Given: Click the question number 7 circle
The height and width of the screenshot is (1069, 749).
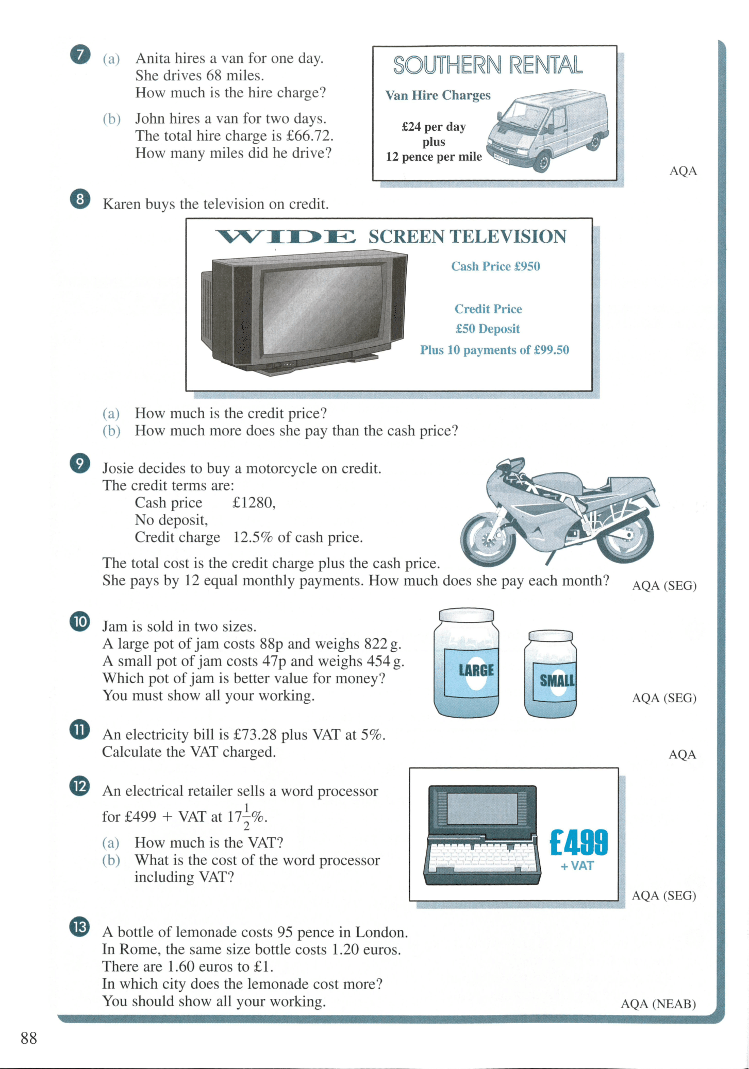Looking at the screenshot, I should [x=80, y=54].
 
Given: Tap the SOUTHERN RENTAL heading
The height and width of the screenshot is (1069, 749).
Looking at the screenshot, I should [x=488, y=65].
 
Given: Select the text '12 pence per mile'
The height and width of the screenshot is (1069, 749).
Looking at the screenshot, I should [x=434, y=157].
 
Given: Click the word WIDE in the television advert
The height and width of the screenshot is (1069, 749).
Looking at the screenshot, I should [x=285, y=236].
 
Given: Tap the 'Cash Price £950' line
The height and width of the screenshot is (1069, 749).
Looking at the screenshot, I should [x=495, y=266].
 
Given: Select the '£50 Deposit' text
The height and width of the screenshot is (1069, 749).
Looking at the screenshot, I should [x=488, y=329].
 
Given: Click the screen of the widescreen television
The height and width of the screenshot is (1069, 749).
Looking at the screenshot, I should [x=323, y=309].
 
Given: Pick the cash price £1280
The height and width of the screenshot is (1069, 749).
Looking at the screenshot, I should [x=254, y=503].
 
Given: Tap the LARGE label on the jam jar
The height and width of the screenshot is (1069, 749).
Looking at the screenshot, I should [x=476, y=670].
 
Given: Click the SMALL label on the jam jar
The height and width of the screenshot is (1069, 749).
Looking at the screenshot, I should [x=557, y=681].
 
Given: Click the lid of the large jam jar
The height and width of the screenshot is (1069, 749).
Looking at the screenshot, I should [x=466, y=615].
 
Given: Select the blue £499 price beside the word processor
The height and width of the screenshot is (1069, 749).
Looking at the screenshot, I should [x=579, y=842].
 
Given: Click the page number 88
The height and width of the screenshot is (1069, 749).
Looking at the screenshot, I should [x=29, y=1038].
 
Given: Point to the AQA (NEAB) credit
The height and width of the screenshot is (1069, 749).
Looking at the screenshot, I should [x=658, y=1004].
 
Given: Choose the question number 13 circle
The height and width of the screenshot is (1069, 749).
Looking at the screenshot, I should [x=80, y=927].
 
